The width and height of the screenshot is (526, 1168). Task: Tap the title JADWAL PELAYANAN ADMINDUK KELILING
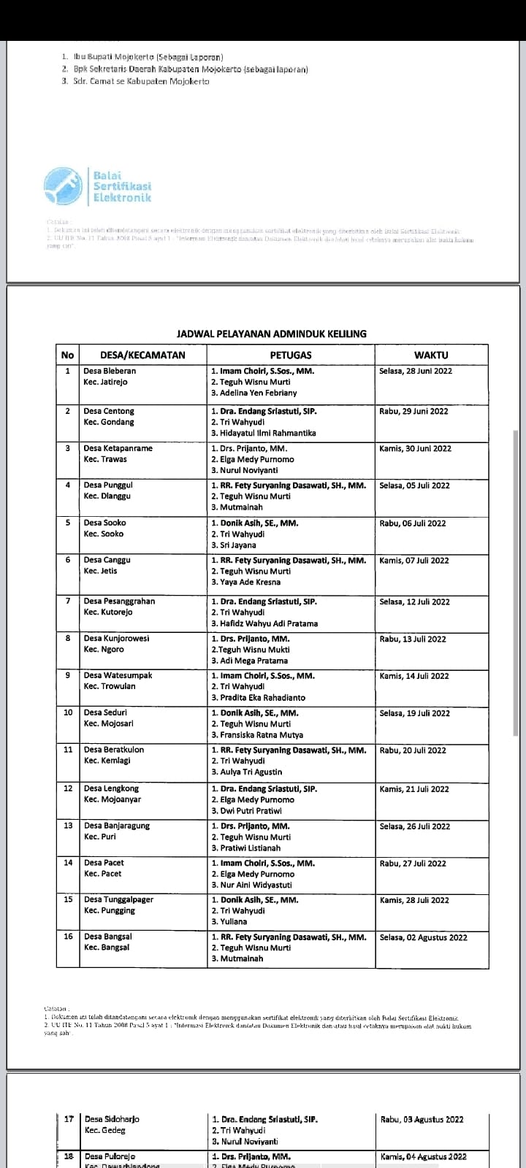coord(272,334)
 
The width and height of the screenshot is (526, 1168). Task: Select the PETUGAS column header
coord(291,356)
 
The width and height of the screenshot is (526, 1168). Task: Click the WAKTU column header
coord(432,356)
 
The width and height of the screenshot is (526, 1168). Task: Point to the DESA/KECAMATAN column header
coord(134,356)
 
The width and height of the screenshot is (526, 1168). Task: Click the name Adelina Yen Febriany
coord(257,393)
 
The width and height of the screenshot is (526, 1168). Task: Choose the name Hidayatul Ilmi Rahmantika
coord(267,433)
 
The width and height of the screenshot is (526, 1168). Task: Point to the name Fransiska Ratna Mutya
coord(261,735)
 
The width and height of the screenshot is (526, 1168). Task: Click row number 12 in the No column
coord(68,788)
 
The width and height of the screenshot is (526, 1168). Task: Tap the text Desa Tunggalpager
coord(118,899)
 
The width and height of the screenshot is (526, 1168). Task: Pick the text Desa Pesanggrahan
coord(119,601)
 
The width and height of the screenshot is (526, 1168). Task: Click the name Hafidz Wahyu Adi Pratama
coord(268,623)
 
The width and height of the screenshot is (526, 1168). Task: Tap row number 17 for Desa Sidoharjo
coord(69,1119)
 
